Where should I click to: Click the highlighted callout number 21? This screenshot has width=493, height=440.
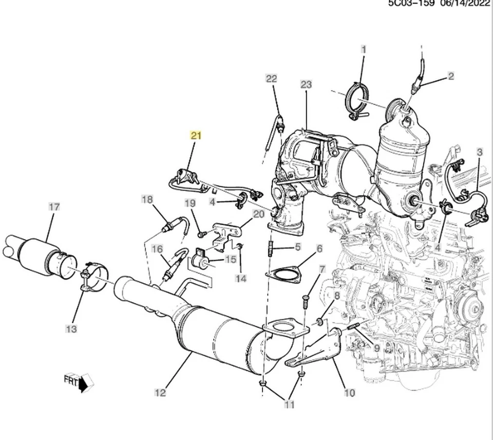click(196, 136)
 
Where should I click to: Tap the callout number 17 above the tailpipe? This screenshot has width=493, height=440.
click(54, 207)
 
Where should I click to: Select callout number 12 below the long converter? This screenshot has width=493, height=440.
click(160, 393)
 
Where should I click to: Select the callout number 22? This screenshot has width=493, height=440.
click(271, 79)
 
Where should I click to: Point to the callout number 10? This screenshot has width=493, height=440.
click(349, 394)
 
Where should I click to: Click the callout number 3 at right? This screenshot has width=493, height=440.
click(480, 152)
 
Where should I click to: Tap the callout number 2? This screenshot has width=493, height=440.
click(451, 77)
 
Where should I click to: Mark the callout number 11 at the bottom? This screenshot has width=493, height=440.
click(290, 405)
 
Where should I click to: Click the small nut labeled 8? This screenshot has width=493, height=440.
click(319, 322)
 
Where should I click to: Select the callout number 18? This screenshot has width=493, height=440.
click(147, 199)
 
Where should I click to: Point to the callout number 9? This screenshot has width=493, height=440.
click(376, 347)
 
